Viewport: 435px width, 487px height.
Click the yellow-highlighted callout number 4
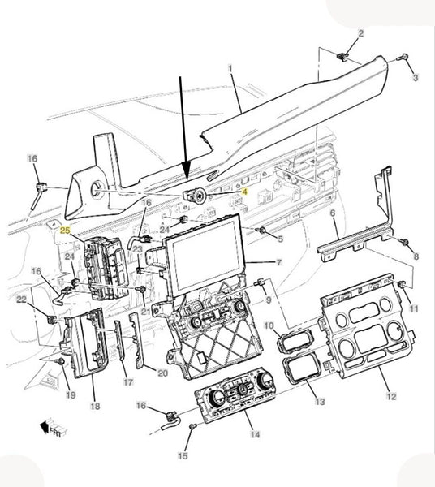[x=244, y=192]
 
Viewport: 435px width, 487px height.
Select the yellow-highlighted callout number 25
[x=66, y=231]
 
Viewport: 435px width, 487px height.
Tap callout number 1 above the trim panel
[x=230, y=68]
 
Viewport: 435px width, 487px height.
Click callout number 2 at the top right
[x=361, y=33]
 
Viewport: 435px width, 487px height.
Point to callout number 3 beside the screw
[x=416, y=77]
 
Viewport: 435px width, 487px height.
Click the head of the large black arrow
[x=186, y=170]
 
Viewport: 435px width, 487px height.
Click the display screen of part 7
[x=205, y=252]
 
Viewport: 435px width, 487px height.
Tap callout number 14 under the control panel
[x=255, y=434]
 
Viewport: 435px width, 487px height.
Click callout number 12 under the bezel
[x=391, y=396]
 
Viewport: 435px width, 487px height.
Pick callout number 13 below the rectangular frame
[x=320, y=401]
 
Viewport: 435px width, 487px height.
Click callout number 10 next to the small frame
[x=269, y=325]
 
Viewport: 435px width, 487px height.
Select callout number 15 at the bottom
[x=183, y=455]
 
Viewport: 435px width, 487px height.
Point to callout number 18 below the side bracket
[x=95, y=406]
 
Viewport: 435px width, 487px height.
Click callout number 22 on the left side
[x=22, y=300]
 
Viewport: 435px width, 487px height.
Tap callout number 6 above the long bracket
[x=333, y=213]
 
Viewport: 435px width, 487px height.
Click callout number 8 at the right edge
[x=416, y=256]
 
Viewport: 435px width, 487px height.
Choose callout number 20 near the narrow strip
[x=162, y=373]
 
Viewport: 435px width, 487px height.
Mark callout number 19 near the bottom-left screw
[x=71, y=394]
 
